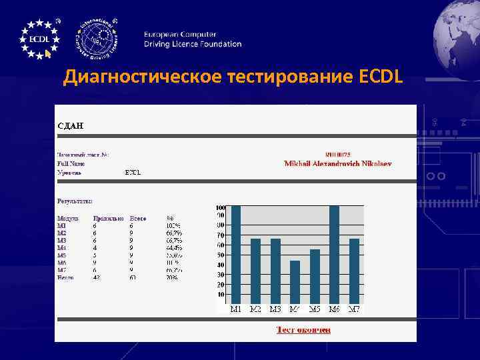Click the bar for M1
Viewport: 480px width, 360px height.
coord(235,255)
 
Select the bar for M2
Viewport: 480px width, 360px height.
coord(255,271)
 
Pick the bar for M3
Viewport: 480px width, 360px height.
coord(275,271)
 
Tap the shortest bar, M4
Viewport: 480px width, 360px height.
coord(295,282)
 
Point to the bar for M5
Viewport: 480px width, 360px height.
coord(315,276)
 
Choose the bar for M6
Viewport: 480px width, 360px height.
coord(335,255)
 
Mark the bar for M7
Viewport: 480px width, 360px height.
coord(354,271)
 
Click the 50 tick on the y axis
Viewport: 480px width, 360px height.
coord(221,255)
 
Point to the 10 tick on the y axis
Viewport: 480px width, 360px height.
coord(221,294)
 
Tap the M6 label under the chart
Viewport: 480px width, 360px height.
coord(335,309)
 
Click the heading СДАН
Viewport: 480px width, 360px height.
coord(70,124)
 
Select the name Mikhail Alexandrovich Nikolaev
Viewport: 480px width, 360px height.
coord(338,163)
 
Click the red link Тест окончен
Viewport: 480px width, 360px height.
coord(303,329)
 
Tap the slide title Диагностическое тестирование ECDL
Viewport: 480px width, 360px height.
coord(233,78)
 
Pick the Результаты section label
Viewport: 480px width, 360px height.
coord(75,200)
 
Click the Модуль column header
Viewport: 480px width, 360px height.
coord(68,218)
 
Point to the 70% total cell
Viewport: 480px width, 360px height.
coord(172,277)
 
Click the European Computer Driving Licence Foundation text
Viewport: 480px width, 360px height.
coord(193,39)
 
